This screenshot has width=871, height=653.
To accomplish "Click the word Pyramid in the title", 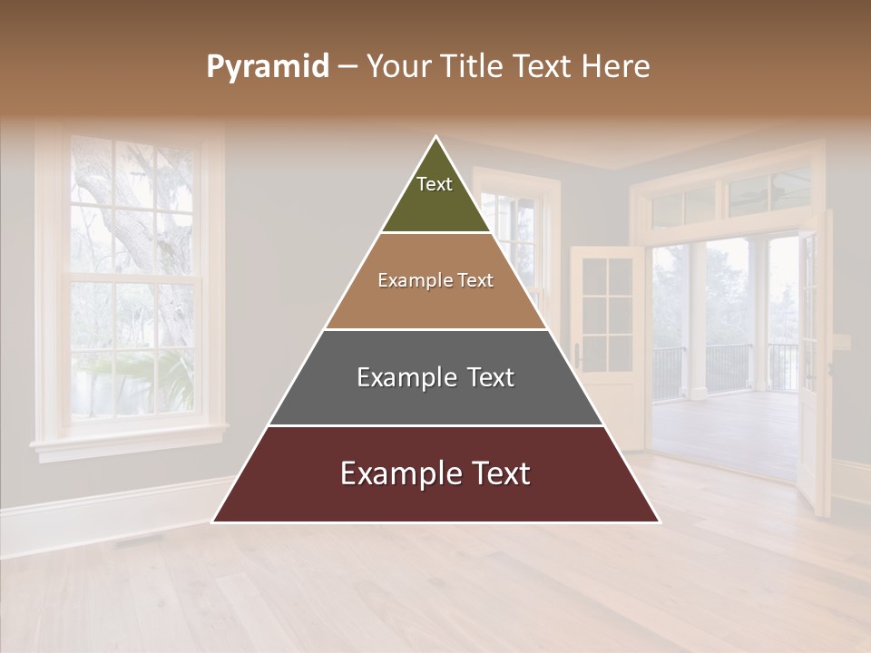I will click(x=268, y=67).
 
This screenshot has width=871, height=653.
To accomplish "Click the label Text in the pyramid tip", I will click(x=435, y=185).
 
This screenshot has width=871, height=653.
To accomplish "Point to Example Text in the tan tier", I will click(x=435, y=281).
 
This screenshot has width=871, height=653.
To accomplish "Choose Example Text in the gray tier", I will click(x=435, y=377).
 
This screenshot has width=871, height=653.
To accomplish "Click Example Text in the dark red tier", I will click(x=435, y=473).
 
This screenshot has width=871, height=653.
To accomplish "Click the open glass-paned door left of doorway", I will click(x=605, y=336).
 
